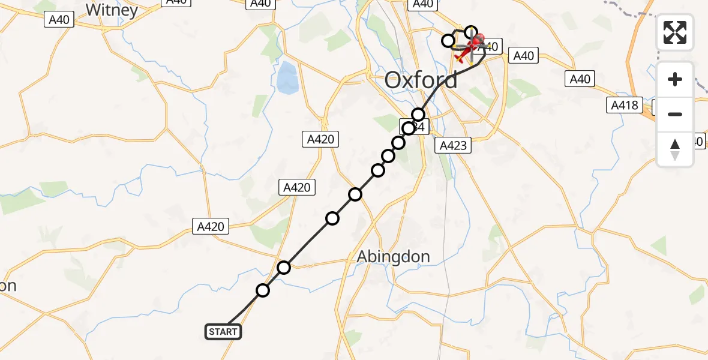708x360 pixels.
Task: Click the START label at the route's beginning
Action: coord(223,332)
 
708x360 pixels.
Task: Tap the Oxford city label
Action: coord(421,80)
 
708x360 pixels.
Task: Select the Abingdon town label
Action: coord(393,257)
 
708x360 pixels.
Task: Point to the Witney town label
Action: coord(112,10)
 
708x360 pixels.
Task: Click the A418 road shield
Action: coord(625,106)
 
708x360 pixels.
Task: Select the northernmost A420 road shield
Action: coord(320,140)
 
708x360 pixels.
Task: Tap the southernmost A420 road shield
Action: coord(211,226)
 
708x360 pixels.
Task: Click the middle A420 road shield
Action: coord(296,187)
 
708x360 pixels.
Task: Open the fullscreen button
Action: coord(675,32)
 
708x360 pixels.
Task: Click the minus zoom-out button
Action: coord(675,114)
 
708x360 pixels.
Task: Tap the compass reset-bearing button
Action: coord(675,149)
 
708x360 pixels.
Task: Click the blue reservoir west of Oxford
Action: coord(287,76)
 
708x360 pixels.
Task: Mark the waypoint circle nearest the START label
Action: coord(263,291)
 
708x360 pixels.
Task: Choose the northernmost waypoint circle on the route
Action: coord(471,32)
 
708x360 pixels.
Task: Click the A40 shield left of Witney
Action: coord(59,20)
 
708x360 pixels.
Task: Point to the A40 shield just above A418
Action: coord(580,79)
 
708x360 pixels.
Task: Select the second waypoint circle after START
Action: coord(284,267)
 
